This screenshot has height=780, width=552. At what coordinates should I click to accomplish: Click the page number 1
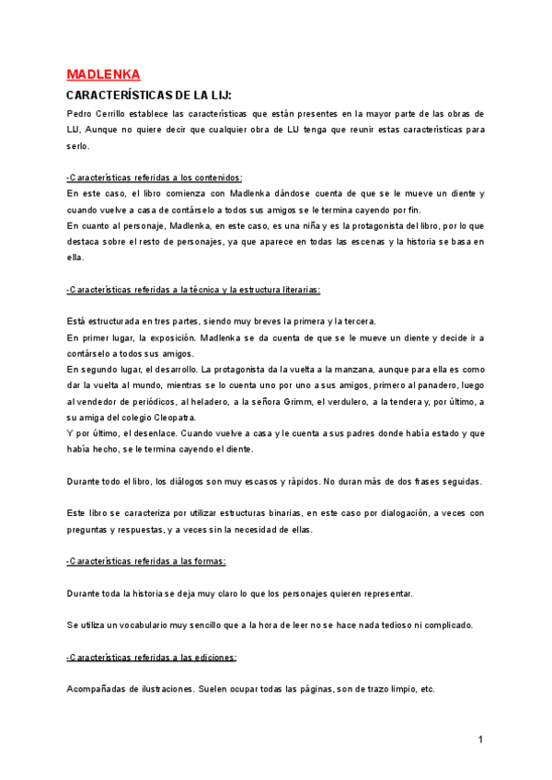(480, 739)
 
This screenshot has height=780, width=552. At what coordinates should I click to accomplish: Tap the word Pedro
(81, 114)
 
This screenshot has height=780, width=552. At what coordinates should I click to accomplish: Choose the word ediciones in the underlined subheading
(210, 657)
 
